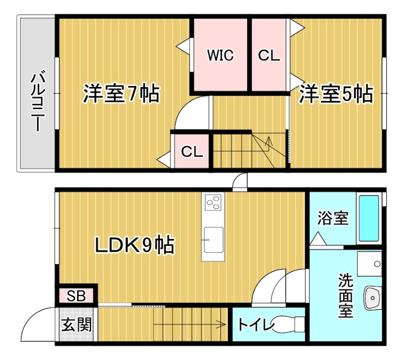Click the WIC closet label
coord(220,56)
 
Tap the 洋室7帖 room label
coord(121,93)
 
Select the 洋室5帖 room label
coord(335,93)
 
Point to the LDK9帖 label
coord(134,246)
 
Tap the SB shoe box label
coord(77,296)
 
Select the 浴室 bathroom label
coord(332,218)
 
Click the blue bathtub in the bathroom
coord(369,218)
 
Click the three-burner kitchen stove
coord(212,203)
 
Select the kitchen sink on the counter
coord(213,239)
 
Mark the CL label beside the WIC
coord(269,56)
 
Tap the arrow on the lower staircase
coord(222,323)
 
